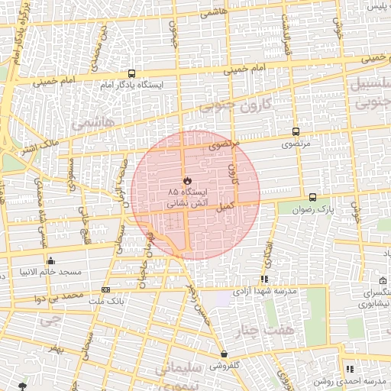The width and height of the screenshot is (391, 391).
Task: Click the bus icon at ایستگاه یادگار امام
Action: (132, 74)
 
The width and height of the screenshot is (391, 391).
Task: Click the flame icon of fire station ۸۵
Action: (186, 180)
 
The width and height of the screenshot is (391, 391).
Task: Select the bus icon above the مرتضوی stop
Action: (296, 132)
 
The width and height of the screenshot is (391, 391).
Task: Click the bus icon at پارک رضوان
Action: (312, 197)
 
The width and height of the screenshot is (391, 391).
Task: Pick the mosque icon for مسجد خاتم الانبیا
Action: (51, 260)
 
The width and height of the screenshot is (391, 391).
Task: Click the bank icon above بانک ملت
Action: (105, 290)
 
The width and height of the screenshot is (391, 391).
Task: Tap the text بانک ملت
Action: (107, 300)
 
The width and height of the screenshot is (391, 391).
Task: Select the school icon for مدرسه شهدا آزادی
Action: (264, 280)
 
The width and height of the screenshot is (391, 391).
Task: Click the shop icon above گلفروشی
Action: (224, 354)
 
